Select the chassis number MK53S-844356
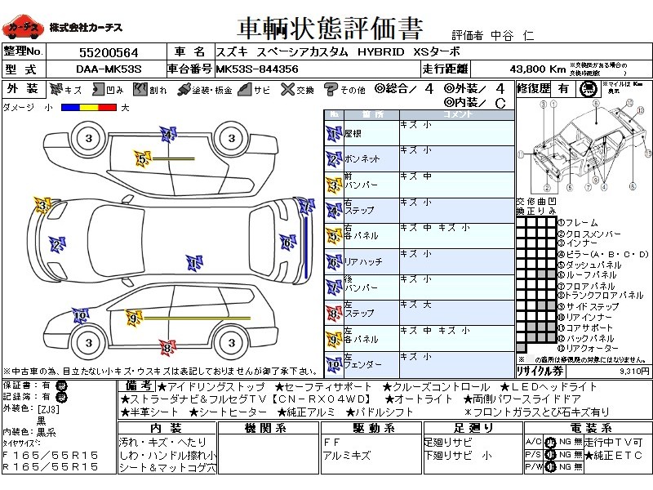pyautogui.click(x=257, y=69)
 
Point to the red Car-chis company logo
pyautogui.click(x=23, y=28)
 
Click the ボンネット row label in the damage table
pyautogui.click(x=362, y=158)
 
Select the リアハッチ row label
pyautogui.click(x=363, y=261)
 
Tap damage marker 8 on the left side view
pyautogui.click(x=167, y=348)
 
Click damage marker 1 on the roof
pyautogui.click(x=193, y=263)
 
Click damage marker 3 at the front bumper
pyautogui.click(x=41, y=203)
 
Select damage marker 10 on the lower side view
pyautogui.click(x=80, y=316)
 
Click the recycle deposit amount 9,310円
pyautogui.click(x=633, y=370)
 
